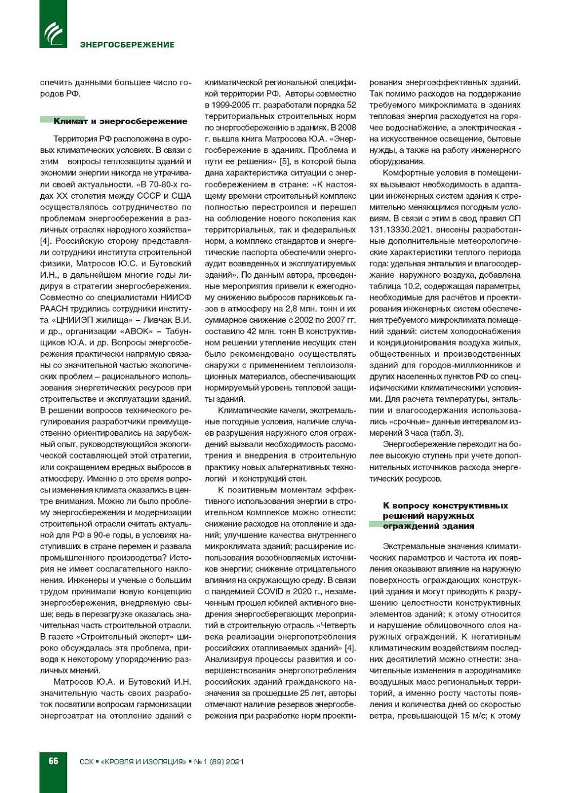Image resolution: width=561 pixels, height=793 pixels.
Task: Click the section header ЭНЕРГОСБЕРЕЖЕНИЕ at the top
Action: click(127, 45)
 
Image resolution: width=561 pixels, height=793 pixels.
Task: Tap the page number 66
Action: click(53, 761)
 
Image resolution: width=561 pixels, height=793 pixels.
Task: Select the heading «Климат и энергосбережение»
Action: click(120, 121)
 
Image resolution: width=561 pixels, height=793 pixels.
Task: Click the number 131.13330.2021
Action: click(397, 230)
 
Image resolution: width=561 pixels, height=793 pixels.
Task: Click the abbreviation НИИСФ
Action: click(175, 298)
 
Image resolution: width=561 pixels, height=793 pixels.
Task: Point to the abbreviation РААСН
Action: click(54, 309)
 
